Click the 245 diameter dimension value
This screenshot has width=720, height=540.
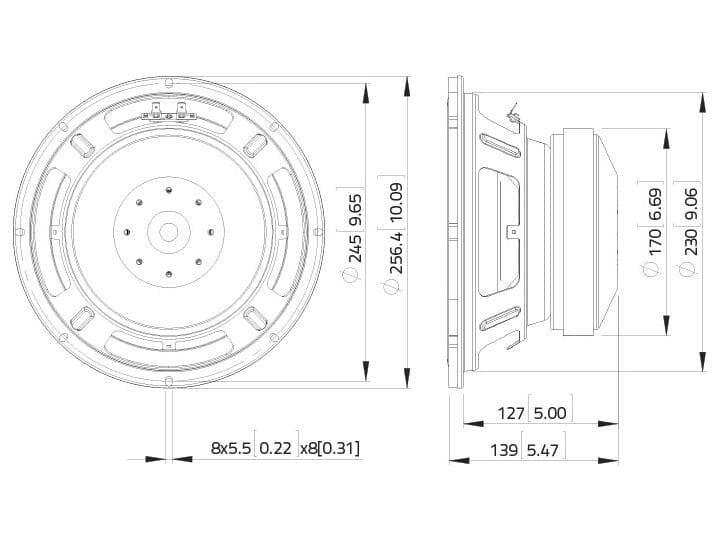[356, 248]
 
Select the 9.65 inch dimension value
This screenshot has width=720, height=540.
[356, 209]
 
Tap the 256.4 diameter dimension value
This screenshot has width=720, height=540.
[396, 253]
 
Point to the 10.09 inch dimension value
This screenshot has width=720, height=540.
[396, 202]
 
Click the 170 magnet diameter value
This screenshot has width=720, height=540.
[654, 241]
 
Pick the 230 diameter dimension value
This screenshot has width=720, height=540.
[691, 242]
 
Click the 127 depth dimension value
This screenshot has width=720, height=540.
[511, 413]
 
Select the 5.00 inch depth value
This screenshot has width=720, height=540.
[550, 413]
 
